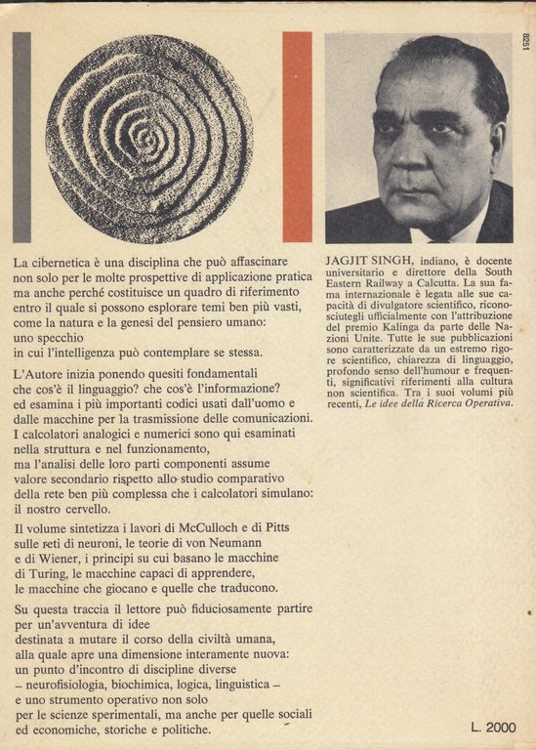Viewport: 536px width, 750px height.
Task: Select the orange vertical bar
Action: click(297, 137)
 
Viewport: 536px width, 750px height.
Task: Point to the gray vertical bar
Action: click(21, 137)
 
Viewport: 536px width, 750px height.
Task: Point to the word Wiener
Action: click(63, 559)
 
